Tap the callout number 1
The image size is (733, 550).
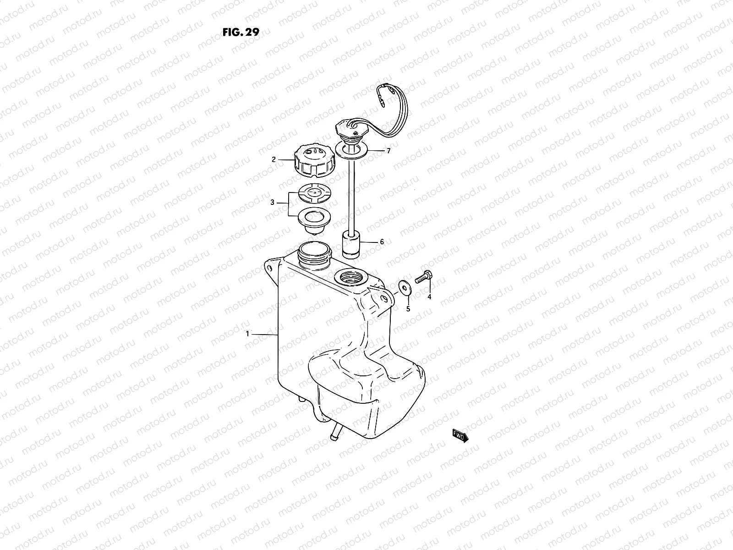(x=248, y=334)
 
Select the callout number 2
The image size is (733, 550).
(x=274, y=159)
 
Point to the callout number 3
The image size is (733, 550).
(x=272, y=202)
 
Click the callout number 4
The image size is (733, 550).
(x=429, y=297)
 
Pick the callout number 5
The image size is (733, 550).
(x=408, y=309)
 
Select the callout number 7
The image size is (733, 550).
(x=388, y=150)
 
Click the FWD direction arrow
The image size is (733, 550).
(x=460, y=436)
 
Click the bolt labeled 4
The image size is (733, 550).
(x=424, y=277)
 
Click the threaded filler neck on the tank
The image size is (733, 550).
(x=314, y=254)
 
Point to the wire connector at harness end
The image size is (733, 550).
(x=379, y=104)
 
